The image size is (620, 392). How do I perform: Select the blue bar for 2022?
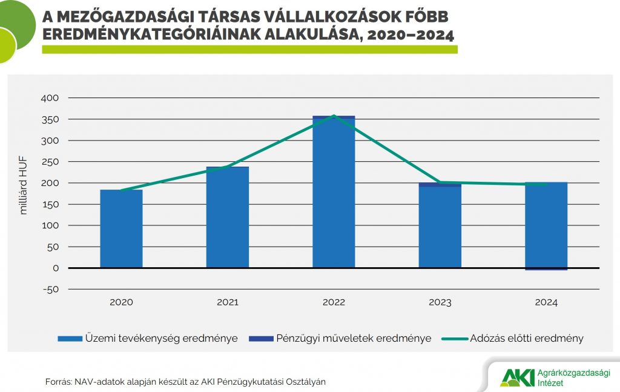334,194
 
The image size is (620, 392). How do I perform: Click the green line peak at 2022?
334,116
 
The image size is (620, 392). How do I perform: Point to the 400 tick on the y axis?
50,98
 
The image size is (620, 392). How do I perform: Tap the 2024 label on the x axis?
546,302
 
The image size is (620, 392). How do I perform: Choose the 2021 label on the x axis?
228,302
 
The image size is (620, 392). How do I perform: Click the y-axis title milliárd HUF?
24,184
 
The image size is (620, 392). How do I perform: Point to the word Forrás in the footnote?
58,382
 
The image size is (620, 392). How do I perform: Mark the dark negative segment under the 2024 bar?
546,269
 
